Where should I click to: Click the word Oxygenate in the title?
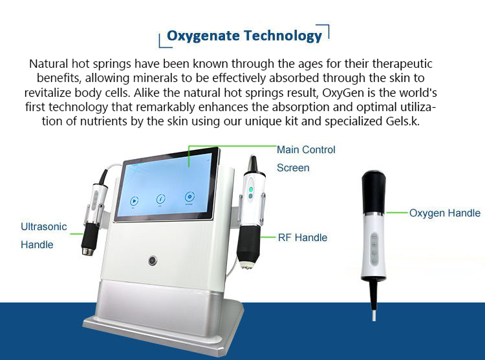pyautogui.click(x=203, y=36)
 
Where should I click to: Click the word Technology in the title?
pyautogui.click(x=283, y=36)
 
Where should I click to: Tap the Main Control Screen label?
pyautogui.click(x=306, y=158)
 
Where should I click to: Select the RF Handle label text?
pyautogui.click(x=303, y=237)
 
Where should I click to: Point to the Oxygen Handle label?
pyautogui.click(x=444, y=213)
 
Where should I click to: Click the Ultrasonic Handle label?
pyautogui.click(x=43, y=235)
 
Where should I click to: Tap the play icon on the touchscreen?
pyautogui.click(x=134, y=201)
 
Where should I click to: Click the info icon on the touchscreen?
pyautogui.click(x=160, y=198)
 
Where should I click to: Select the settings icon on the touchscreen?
pyautogui.click(x=189, y=196)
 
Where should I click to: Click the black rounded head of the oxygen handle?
pyautogui.click(x=374, y=191)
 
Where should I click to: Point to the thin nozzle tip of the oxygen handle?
pyautogui.click(x=374, y=315)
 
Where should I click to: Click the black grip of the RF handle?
pyautogui.click(x=249, y=244)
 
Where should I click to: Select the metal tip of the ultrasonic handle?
pyautogui.click(x=87, y=251)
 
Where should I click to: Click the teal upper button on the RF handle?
pyautogui.click(x=251, y=189)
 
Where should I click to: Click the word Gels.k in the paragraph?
pyautogui.click(x=403, y=121)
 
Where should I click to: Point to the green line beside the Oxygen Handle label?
pyautogui.click(x=397, y=213)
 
